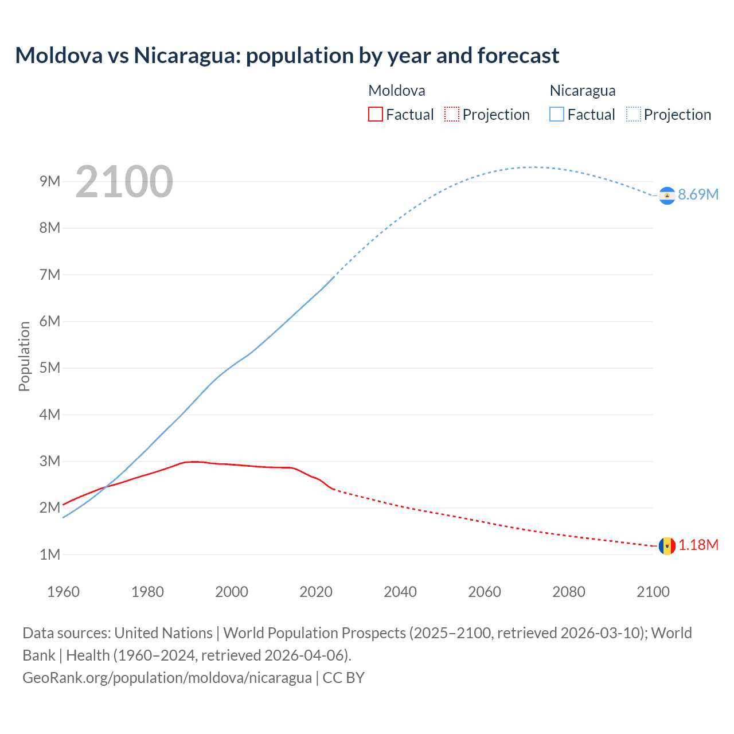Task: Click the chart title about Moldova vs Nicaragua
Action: click(287, 56)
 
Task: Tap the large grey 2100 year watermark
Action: click(124, 182)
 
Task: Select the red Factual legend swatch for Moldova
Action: click(375, 114)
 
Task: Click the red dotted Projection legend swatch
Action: click(452, 114)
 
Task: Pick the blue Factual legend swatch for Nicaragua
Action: click(557, 114)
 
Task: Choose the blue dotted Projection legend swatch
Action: click(633, 114)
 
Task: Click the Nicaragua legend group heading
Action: click(583, 91)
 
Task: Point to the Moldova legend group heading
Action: click(397, 91)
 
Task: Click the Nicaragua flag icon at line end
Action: click(667, 196)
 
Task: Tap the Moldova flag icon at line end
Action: click(667, 546)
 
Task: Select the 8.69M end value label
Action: click(698, 194)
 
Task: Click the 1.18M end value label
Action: click(698, 545)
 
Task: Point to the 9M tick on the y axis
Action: click(50, 181)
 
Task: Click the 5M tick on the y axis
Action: click(50, 368)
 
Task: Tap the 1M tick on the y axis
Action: click(50, 555)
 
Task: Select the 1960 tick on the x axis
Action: click(63, 592)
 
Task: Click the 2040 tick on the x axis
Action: click(400, 592)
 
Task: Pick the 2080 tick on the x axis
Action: click(569, 592)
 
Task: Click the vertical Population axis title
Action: click(24, 356)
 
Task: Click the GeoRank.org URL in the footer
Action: click(167, 678)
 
